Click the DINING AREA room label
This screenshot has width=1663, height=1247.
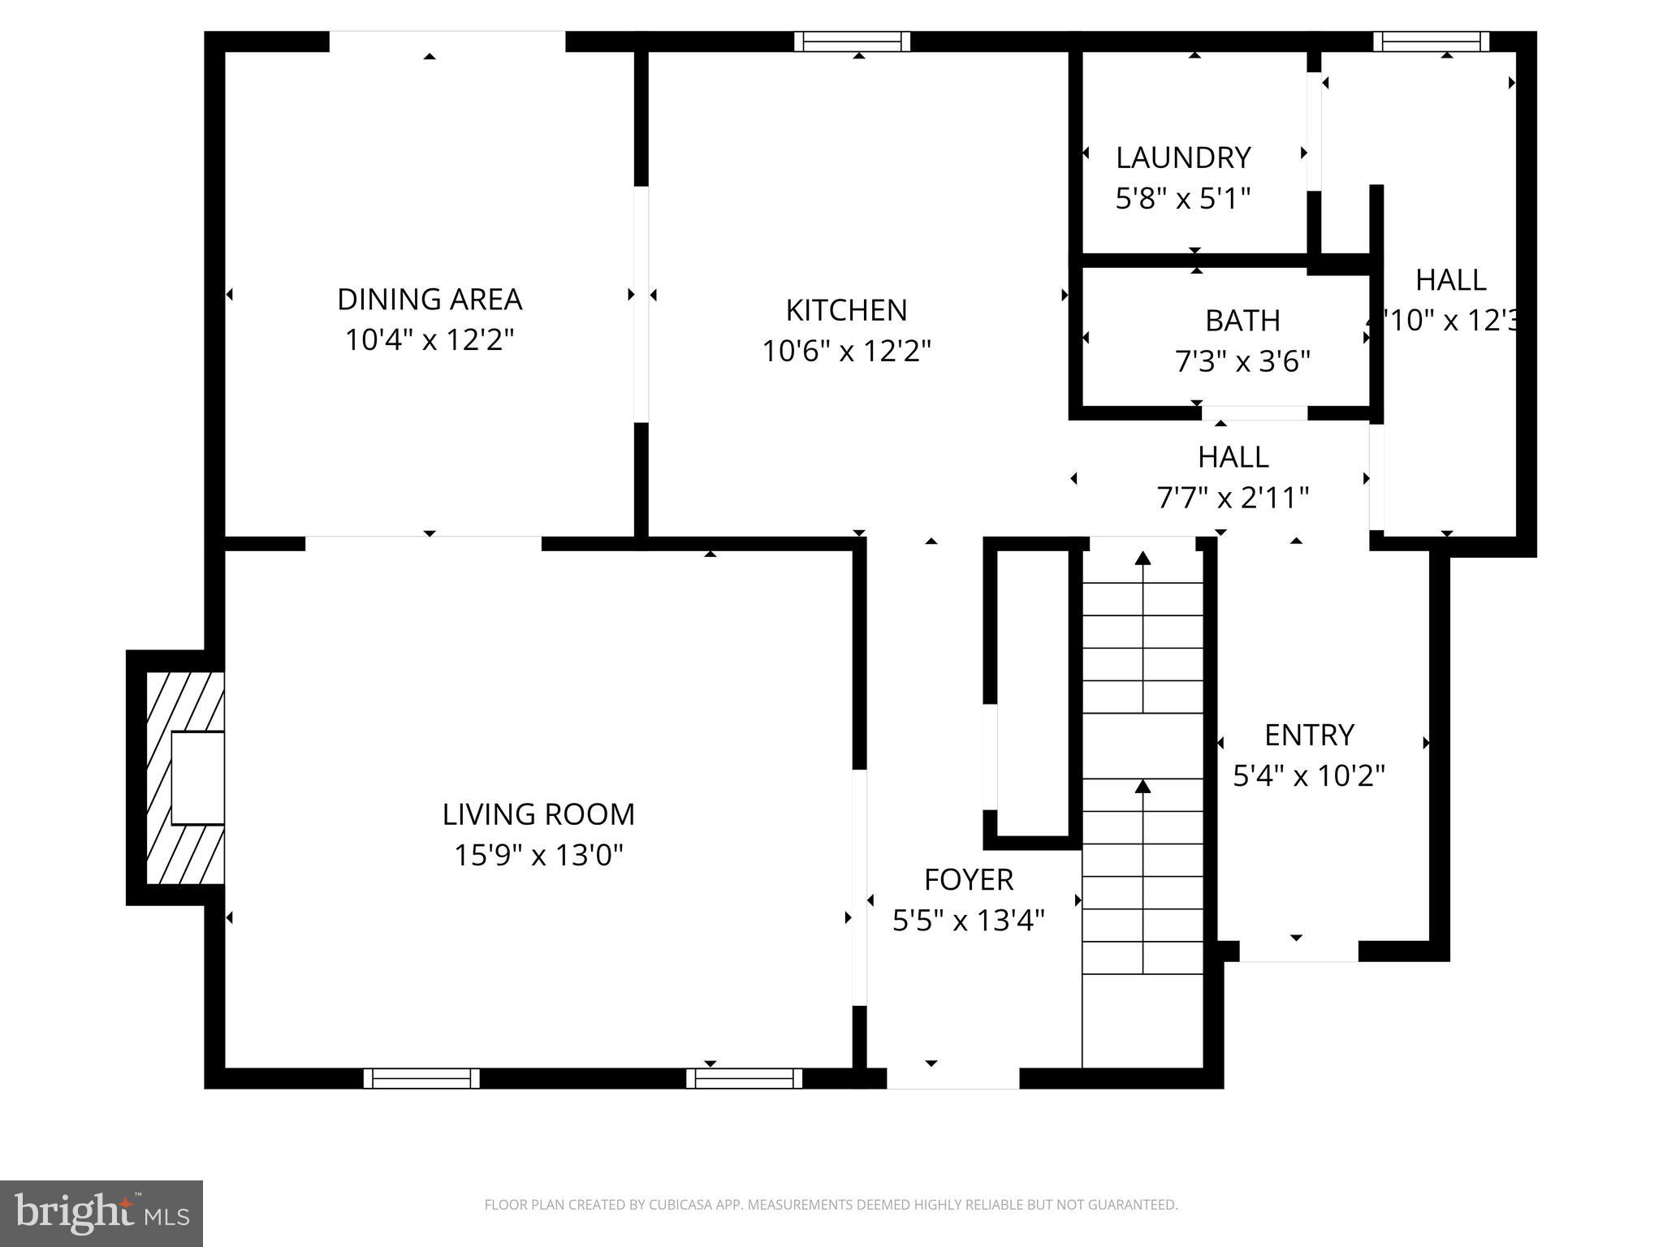tap(429, 299)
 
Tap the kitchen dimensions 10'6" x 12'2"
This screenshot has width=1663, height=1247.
tap(846, 352)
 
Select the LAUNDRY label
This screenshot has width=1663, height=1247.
tap(1182, 157)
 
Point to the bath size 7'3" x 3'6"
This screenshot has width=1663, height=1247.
tap(1242, 360)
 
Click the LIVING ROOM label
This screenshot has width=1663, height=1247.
tap(538, 814)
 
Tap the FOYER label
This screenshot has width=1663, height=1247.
tap(968, 879)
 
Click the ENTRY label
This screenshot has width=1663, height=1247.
tap(1309, 735)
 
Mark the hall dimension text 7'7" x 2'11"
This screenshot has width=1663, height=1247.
tap(1233, 497)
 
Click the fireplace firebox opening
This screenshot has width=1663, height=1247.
tap(197, 778)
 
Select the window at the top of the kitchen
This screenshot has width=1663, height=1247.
tap(852, 41)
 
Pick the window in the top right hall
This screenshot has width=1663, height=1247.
tap(1431, 41)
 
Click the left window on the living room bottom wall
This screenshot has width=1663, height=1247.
tap(421, 1078)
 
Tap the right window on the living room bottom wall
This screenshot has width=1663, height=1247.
tap(744, 1078)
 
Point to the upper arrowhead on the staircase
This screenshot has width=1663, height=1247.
tap(1143, 558)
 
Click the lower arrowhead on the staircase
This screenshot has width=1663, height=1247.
tap(1143, 786)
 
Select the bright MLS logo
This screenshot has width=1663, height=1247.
tap(101, 1214)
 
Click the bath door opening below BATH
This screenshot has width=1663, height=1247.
tap(1255, 413)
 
